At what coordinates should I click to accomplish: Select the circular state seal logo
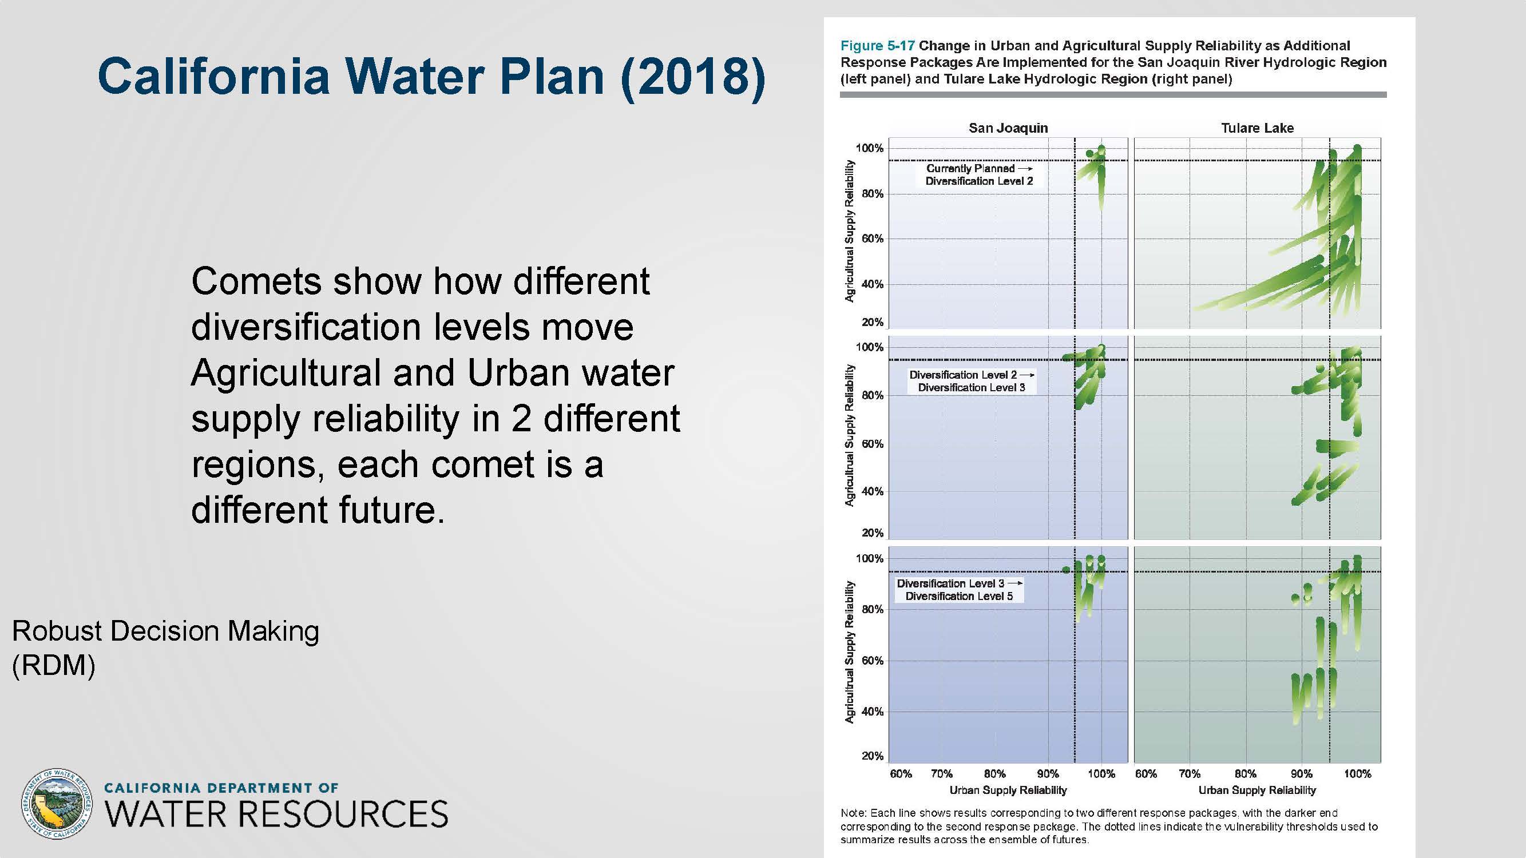57,804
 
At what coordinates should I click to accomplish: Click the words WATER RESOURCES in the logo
276,813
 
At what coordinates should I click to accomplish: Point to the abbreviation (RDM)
53,665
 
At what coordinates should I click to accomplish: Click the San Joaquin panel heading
1008,128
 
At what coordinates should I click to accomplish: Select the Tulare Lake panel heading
1257,128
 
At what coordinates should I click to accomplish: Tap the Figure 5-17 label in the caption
878,46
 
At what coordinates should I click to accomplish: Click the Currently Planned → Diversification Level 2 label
979,174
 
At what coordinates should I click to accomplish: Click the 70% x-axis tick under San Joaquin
942,773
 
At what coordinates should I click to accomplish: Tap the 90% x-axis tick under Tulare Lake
1302,773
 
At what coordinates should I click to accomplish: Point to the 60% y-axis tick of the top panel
872,239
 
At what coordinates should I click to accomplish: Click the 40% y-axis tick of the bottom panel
872,711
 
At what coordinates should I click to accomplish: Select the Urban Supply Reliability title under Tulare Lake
1257,790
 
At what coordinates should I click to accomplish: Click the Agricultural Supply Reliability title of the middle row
850,435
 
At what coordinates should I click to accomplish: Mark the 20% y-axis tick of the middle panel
872,533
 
